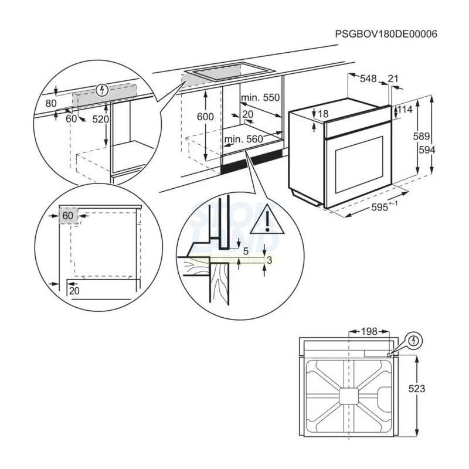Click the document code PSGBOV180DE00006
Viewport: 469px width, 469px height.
386,34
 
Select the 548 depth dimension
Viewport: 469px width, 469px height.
368,79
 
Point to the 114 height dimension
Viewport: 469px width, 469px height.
406,110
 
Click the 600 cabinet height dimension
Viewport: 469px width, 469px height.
205,117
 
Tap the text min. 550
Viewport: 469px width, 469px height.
260,97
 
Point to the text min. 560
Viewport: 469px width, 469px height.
243,139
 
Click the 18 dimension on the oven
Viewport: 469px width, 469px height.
322,114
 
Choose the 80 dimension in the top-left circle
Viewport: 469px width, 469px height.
51,104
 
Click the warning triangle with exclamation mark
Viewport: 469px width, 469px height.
266,220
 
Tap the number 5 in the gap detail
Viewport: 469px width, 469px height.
246,251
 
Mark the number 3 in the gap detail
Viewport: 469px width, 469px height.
269,260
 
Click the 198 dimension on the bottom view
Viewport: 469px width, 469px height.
368,332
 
